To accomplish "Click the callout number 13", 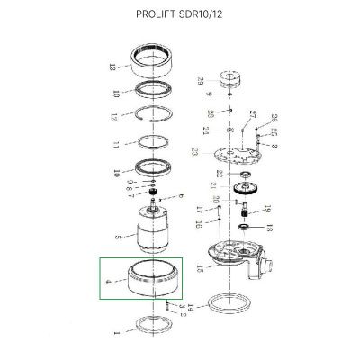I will point(111,67).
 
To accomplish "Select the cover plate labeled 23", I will point(236,152).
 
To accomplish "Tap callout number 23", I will point(193,153).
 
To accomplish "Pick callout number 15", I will point(200,265).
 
